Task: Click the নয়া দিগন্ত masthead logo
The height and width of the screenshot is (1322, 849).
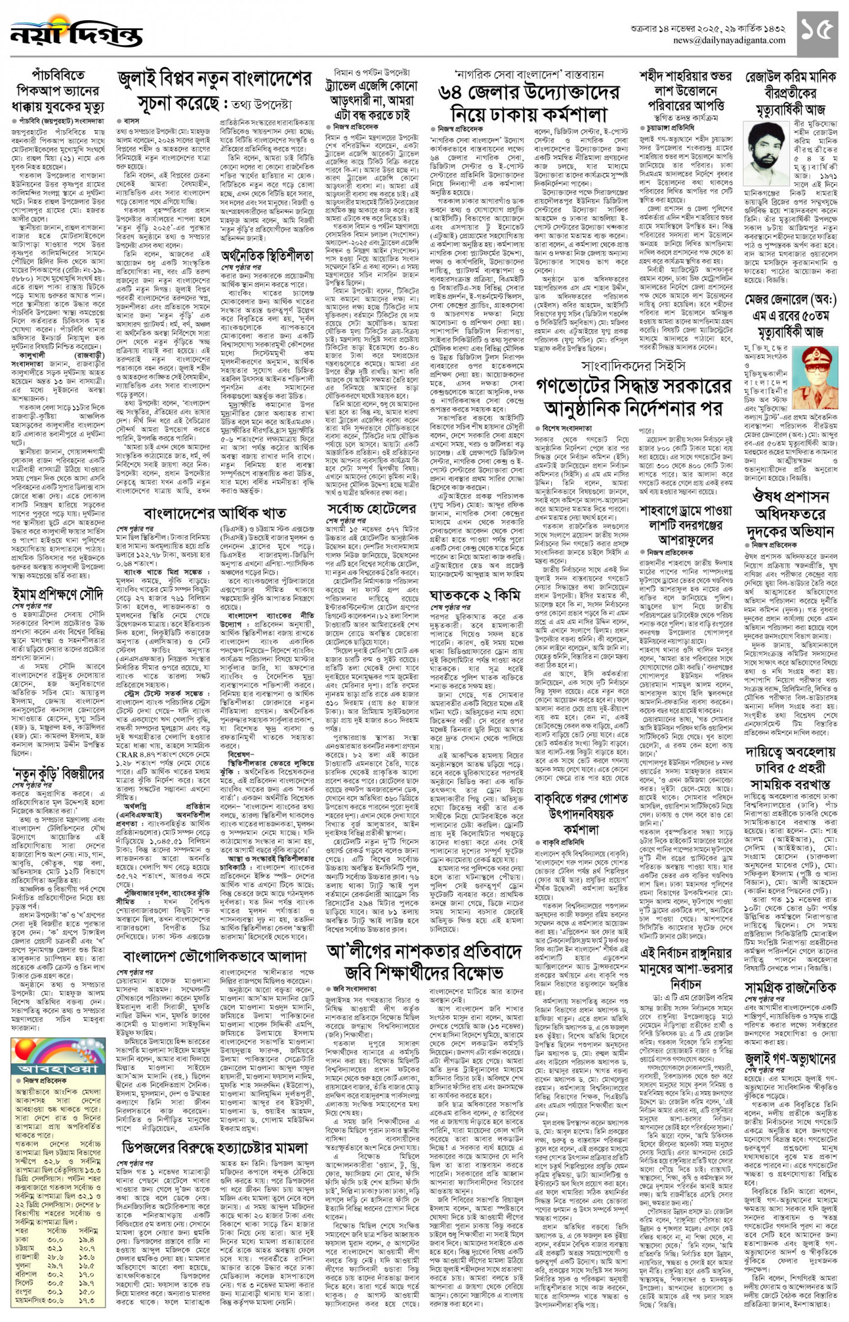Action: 76,34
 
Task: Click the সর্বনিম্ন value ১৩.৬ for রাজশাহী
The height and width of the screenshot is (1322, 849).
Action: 87,1257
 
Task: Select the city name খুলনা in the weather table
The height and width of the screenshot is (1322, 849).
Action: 23,1266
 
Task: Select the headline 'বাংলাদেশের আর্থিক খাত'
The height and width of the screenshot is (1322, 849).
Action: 215,513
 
